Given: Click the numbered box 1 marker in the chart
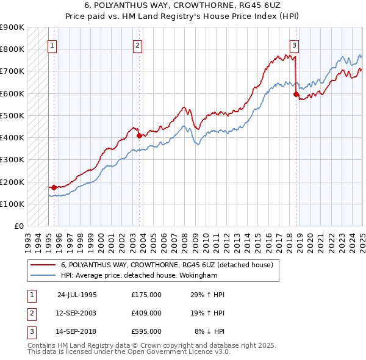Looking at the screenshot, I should coord(52,45).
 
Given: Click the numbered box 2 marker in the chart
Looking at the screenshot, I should coord(138,45).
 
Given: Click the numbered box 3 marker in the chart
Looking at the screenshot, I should coord(294,45).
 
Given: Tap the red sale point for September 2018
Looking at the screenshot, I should coord(296,94).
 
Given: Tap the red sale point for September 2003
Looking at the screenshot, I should coord(139,135).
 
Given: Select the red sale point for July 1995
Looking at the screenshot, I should coord(54,187).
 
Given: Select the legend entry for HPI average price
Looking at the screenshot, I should coord(138,276).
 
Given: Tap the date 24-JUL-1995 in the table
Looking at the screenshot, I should coord(77,294).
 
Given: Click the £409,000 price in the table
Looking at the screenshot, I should coord(146,312).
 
